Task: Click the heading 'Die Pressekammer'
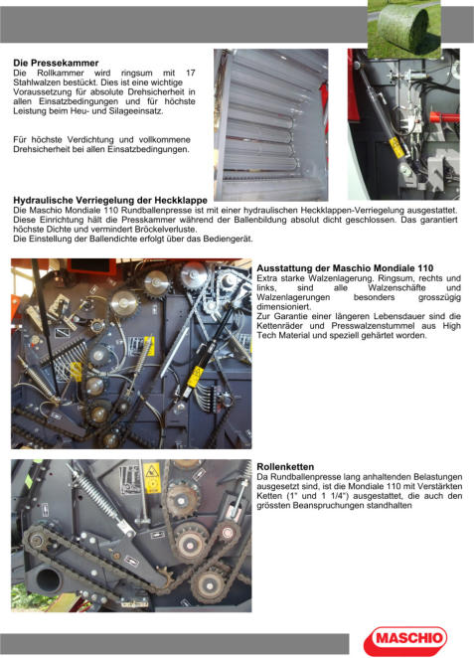[x=56, y=63]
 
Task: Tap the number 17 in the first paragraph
[x=191, y=73]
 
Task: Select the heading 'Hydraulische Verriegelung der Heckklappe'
[x=110, y=200]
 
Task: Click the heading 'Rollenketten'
[x=285, y=466]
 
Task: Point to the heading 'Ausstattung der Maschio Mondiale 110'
[x=345, y=268]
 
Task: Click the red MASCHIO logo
[x=405, y=640]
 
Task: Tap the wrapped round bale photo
[x=404, y=30]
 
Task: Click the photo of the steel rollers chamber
[x=271, y=124]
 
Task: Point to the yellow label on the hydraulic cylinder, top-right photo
[x=396, y=147]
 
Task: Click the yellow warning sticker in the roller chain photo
[x=152, y=477]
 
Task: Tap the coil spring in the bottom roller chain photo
[x=94, y=493]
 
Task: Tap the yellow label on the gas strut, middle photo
[x=195, y=377]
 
